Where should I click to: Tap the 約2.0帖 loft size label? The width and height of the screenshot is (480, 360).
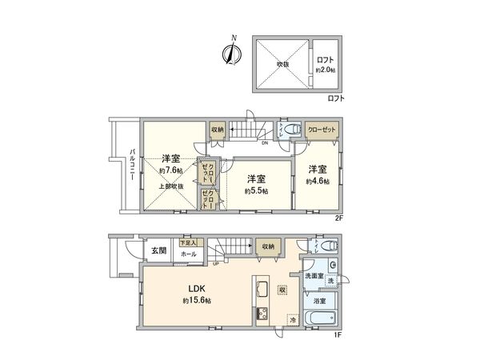325,70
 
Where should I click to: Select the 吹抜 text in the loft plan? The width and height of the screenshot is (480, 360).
282,63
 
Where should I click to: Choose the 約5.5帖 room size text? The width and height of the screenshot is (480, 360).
256,191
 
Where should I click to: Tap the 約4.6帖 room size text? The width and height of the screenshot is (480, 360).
318,182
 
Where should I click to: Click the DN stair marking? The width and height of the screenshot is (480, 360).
264,144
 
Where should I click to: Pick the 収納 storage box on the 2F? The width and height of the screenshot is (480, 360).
218,130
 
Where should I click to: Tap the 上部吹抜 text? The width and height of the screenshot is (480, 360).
169,186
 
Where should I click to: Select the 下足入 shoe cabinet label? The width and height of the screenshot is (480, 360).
187,242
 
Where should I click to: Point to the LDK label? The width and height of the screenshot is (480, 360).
197,289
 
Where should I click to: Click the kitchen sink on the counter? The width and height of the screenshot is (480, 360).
261,289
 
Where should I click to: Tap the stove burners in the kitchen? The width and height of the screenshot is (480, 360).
261,314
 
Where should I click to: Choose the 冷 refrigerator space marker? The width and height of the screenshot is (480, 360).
292,320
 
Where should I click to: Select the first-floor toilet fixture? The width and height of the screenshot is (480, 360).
326,246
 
